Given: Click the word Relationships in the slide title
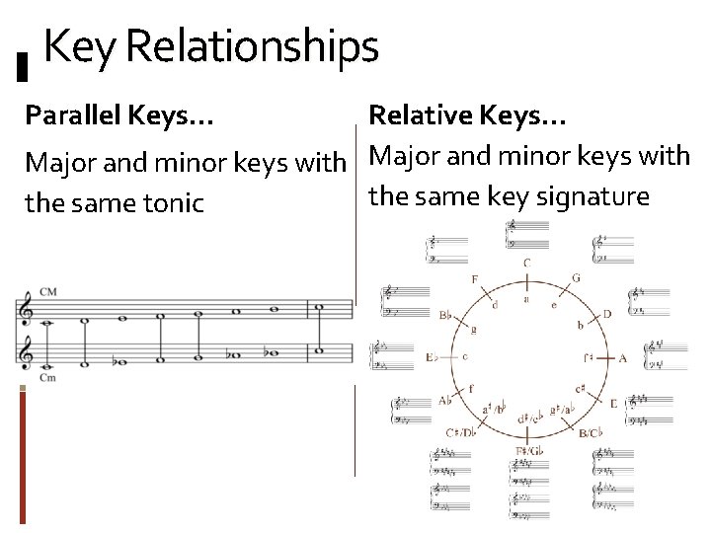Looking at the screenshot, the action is [253, 47].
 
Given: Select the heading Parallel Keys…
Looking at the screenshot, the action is [118, 116].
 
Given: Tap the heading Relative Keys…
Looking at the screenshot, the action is [467, 116].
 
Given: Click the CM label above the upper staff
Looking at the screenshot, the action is [47, 293].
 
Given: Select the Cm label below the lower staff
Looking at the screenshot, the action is [47, 378].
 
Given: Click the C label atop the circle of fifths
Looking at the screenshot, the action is [526, 263].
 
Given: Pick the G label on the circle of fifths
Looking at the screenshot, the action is [576, 278].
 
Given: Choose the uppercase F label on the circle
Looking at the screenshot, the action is [475, 279].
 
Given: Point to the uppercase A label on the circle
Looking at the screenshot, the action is [622, 358].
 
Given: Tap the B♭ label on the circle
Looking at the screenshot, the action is [445, 316].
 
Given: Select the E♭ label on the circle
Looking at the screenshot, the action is [431, 357].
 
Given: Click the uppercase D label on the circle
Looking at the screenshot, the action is [607, 314].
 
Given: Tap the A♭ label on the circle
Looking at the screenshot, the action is [445, 401].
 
